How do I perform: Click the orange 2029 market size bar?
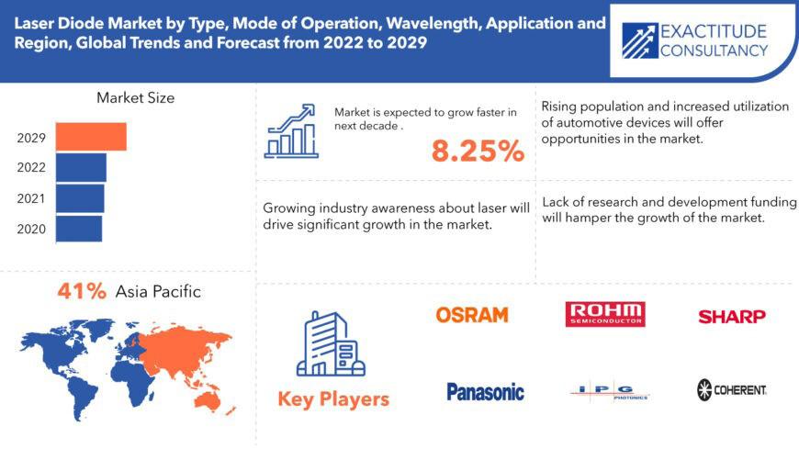point(91,137)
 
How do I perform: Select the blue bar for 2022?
point(81,168)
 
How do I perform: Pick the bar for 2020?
point(79,229)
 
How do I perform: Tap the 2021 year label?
point(31,198)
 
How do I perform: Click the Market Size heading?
point(136,98)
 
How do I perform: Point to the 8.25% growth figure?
point(478,151)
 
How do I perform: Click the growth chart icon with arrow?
point(291,131)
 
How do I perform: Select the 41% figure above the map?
point(82,291)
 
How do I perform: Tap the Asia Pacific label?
point(158,291)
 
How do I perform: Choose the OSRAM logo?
point(472,315)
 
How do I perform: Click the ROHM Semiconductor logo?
point(605,314)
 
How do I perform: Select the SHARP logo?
point(732,317)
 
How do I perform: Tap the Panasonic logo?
point(485,391)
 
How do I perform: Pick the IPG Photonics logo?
point(610,391)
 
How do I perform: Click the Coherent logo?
point(732,390)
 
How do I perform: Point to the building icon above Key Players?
point(332,344)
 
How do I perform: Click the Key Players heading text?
point(333,399)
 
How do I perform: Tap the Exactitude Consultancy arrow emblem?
point(639,40)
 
